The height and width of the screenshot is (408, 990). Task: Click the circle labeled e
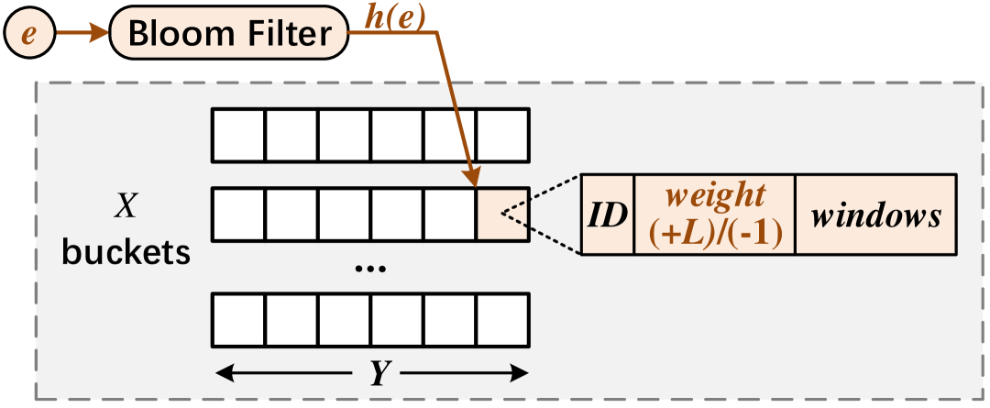coord(27,35)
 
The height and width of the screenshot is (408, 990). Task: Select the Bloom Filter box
coord(229,35)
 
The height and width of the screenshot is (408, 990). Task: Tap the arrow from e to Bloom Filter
coord(82,35)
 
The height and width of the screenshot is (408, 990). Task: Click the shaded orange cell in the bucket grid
coord(502,215)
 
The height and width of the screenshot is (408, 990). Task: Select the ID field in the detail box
coord(608,215)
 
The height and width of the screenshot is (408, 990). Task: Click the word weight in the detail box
coord(714,195)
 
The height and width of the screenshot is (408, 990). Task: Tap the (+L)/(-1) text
coord(714,234)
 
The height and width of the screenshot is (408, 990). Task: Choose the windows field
coord(874,215)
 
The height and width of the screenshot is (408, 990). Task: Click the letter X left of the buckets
coord(125,207)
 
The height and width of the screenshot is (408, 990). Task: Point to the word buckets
coord(126,251)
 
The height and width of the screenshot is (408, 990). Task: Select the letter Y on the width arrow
coord(377,373)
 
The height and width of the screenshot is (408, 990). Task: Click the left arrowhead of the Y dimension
coord(221,373)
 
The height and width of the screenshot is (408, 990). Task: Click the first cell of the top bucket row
coord(239,136)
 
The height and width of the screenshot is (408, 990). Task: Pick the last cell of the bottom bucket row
coord(502,319)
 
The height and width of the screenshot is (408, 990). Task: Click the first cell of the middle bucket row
coord(239,215)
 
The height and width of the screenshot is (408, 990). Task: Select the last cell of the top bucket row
coord(502,136)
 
